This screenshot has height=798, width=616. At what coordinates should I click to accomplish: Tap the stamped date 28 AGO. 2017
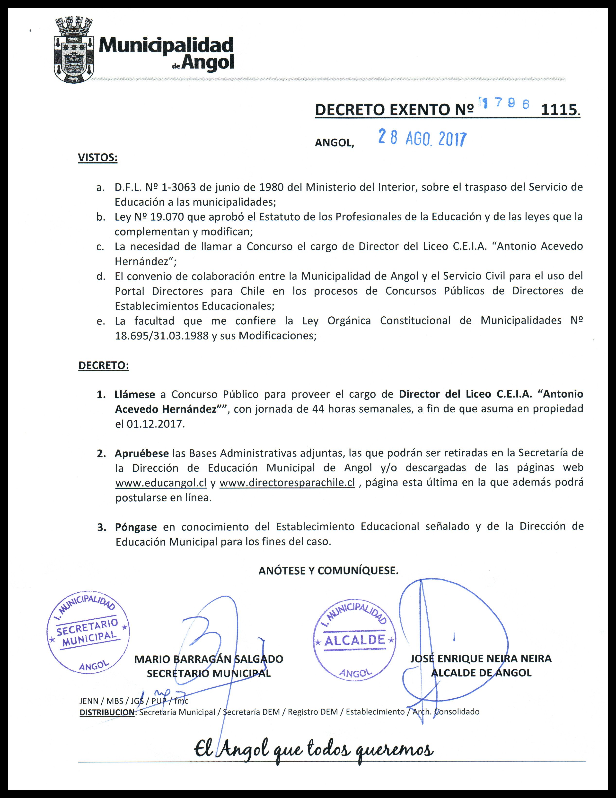[422, 139]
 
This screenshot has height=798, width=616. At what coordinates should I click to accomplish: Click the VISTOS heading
[98, 158]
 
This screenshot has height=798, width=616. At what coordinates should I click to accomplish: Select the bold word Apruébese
[141, 453]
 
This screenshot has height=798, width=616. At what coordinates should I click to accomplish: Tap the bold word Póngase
[136, 527]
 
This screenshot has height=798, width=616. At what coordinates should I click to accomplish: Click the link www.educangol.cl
[161, 483]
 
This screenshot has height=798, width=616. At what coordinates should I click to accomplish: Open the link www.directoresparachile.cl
[287, 483]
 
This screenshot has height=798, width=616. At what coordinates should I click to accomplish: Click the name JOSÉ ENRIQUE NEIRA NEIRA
[481, 659]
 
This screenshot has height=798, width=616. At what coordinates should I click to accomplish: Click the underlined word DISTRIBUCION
[107, 712]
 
